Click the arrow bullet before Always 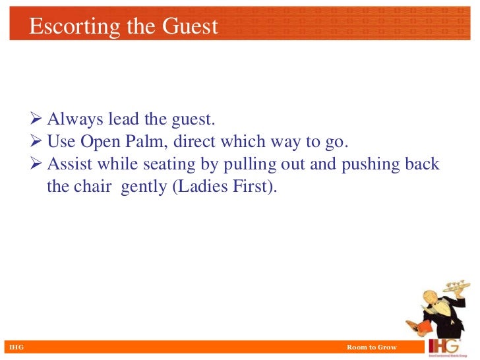coord(37,120)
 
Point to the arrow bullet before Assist coord(37,164)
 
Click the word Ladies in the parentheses coord(201,187)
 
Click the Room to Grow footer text coord(371,347)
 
